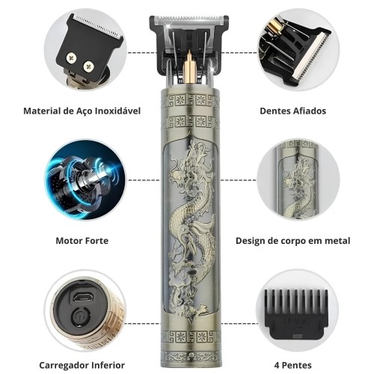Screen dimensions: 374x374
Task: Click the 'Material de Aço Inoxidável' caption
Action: coord(82,111)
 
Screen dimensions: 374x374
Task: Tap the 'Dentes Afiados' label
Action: coord(293,111)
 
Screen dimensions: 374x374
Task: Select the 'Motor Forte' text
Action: coord(82,241)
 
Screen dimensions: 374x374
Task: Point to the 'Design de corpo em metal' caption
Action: coord(293,241)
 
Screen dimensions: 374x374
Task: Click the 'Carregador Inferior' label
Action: coord(82,365)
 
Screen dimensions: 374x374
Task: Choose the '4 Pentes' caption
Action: coord(293,366)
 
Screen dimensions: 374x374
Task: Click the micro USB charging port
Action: coord(83,297)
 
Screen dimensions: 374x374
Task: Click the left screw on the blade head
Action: coord(71,58)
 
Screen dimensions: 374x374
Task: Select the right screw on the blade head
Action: coord(89,67)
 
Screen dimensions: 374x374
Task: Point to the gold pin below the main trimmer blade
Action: coord(189,66)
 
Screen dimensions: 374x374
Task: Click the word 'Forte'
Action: coord(96,241)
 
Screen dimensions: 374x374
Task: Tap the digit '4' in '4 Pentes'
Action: coord(277,366)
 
